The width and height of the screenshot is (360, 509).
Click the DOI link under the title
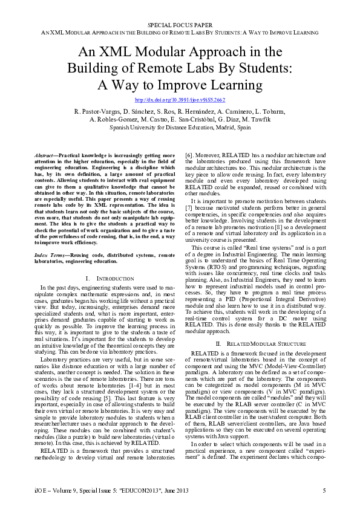[180, 99]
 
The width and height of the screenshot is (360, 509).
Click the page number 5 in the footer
[324, 490]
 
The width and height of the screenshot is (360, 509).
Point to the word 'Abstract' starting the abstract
[45, 155]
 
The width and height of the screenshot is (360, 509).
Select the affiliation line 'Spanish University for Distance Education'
[180, 128]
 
